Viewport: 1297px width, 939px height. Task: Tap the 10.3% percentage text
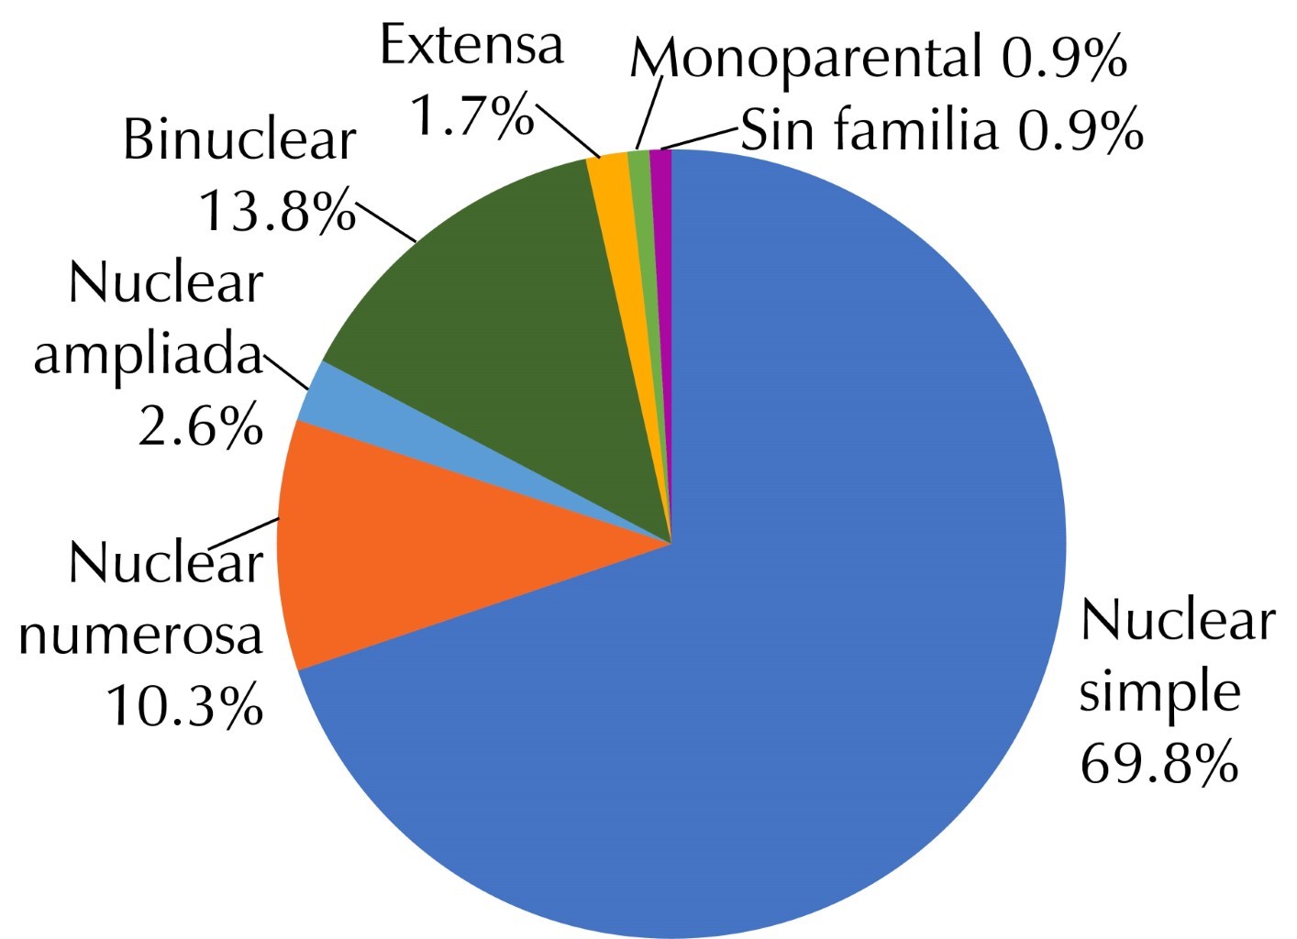[x=184, y=704]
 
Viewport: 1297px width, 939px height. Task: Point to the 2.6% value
[x=200, y=426]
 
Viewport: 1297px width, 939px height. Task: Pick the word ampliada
[x=148, y=356]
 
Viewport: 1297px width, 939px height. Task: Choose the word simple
[x=1158, y=692]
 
